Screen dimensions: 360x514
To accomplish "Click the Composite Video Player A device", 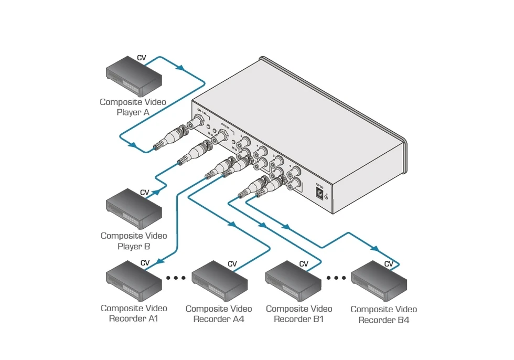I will [x=134, y=76].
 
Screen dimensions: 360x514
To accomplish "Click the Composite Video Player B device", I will [x=134, y=209].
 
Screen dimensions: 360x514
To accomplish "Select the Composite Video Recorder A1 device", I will [x=134, y=283].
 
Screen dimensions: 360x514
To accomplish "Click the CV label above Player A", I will [x=142, y=58].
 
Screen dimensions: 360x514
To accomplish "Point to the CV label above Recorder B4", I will [x=389, y=264].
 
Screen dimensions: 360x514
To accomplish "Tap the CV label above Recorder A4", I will [x=232, y=264].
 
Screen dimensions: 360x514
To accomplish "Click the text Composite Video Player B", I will [x=134, y=241].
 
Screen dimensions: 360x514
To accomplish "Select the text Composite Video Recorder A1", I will [x=134, y=313].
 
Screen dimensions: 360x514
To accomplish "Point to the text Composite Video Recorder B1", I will [x=299, y=313].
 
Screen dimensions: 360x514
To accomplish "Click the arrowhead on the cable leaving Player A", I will [x=179, y=68].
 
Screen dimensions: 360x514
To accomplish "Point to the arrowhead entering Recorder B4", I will [x=374, y=248].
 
